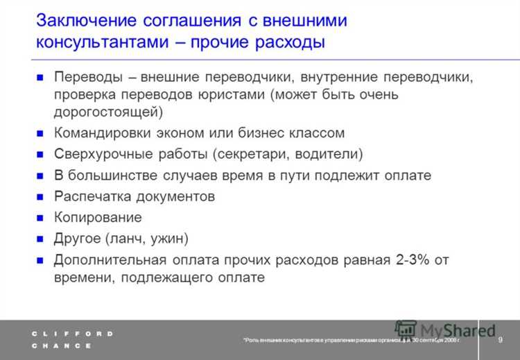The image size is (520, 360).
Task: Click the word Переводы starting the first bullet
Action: coord(87,77)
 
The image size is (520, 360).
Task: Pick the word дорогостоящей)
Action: coord(107,112)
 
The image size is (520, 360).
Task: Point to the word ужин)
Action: coord(168,239)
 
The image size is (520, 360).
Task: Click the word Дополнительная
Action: coord(109,260)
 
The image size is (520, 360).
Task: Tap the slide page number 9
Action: coord(501,338)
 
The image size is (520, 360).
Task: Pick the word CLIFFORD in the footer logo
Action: coord(72,334)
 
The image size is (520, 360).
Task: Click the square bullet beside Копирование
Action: coord(40,218)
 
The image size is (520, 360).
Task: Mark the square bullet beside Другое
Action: coord(40,239)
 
